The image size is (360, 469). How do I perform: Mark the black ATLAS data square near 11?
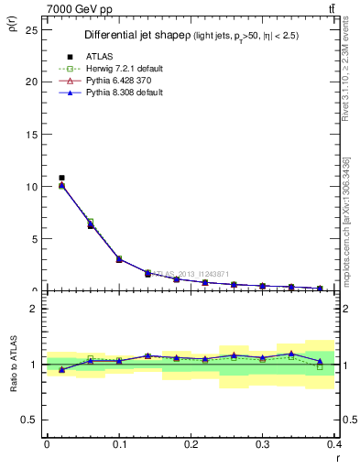(x=61, y=178)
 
